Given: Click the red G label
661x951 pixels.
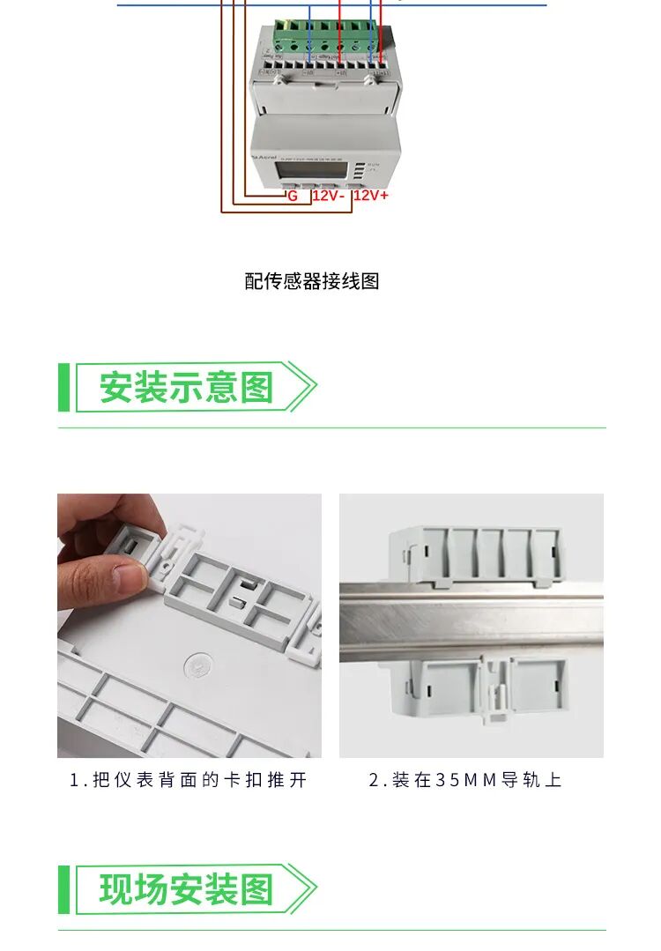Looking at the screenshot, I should (293, 196).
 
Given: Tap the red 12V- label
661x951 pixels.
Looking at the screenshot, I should (328, 196).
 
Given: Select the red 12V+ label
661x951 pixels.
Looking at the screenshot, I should (370, 195).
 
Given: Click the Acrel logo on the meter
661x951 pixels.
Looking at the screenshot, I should (267, 156).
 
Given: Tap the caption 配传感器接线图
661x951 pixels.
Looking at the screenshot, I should (312, 281).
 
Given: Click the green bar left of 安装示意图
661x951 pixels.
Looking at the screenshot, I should (63, 387).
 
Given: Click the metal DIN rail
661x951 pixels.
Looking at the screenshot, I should (472, 621).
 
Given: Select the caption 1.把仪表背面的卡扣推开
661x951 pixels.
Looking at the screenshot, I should (189, 780).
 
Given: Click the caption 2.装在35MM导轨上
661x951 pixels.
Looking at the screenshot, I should (464, 780).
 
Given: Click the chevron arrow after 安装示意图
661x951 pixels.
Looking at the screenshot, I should (303, 387).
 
